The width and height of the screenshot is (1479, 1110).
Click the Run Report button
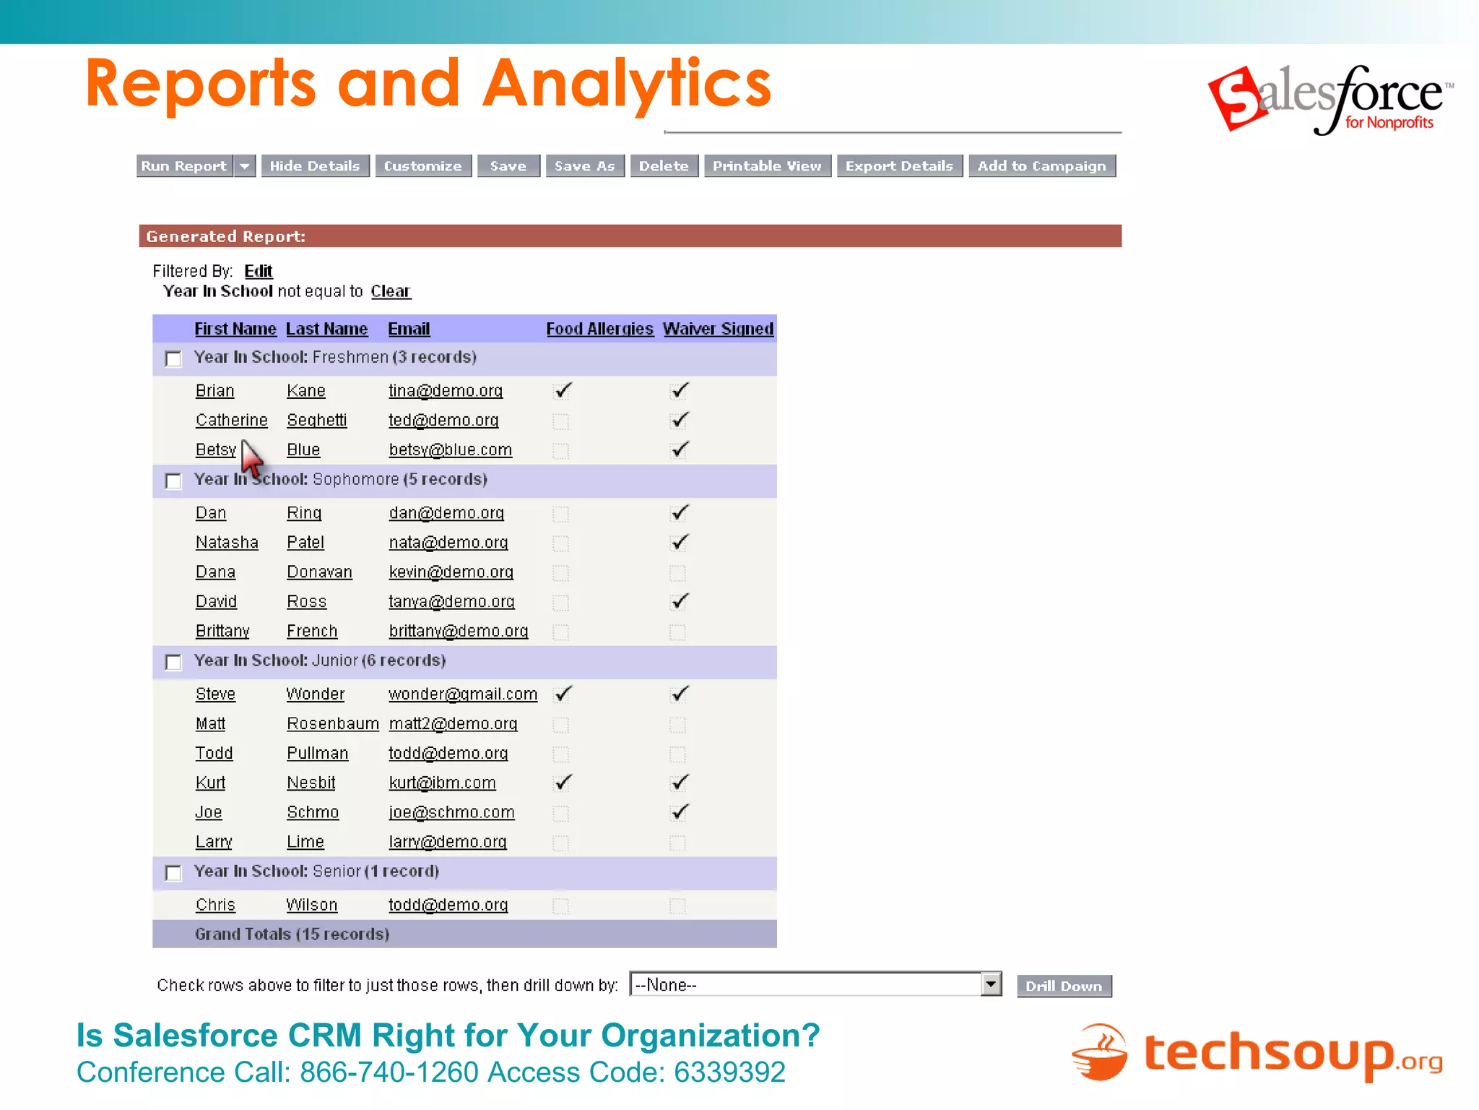point(184,166)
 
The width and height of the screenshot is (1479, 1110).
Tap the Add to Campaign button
point(1041,166)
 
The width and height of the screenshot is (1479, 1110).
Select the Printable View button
point(767,166)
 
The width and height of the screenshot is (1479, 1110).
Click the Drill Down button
point(1064,986)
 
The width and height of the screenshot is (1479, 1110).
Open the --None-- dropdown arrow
point(991,984)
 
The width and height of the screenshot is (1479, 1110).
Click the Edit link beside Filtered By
point(258,271)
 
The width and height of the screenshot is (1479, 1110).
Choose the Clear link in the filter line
point(390,291)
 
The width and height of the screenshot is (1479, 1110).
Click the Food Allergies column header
point(599,329)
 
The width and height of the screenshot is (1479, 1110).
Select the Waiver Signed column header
point(718,329)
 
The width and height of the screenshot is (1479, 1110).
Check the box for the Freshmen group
point(173,358)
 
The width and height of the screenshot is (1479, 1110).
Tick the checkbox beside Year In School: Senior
point(173,873)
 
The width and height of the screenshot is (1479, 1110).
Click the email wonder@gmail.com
point(463,694)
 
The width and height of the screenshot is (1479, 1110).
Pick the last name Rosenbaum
point(332,724)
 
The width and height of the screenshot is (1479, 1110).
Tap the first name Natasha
point(227,543)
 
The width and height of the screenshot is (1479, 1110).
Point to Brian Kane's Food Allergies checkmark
point(563,391)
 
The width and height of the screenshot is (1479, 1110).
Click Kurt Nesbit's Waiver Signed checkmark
point(680,783)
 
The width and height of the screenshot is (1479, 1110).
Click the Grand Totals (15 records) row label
point(292,934)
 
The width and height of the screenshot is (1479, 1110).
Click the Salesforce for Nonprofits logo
point(1329,100)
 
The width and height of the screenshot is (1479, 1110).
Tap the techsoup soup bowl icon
point(1099,1053)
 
